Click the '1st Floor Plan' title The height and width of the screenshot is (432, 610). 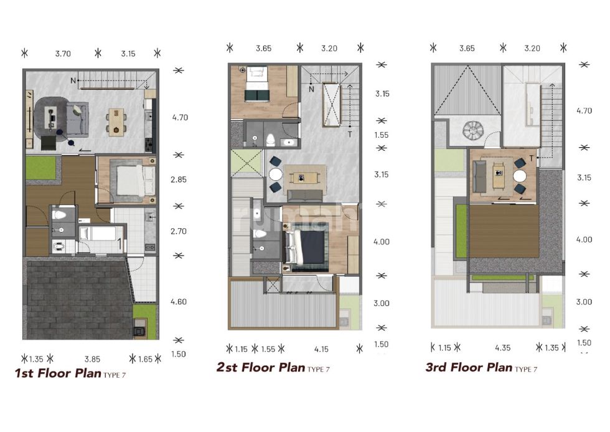58,373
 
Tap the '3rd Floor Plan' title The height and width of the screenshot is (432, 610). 469,367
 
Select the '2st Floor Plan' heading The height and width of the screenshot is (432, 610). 261,367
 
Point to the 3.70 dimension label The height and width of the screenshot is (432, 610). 63,54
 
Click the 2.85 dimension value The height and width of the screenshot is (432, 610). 179,180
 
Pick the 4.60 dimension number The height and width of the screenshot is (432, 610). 179,302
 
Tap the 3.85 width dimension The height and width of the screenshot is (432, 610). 93,359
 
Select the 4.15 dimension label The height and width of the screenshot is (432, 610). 321,350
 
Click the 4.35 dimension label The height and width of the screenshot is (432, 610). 503,348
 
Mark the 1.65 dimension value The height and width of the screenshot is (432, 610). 146,359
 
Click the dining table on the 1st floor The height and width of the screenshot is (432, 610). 117,122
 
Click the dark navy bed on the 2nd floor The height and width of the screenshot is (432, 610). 306,247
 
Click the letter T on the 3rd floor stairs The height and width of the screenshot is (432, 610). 531,158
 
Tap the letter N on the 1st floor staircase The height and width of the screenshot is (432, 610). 73,80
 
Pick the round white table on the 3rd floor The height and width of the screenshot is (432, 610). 520,176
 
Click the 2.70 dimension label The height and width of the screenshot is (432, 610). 179,231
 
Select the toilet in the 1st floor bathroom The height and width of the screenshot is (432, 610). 60,214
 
